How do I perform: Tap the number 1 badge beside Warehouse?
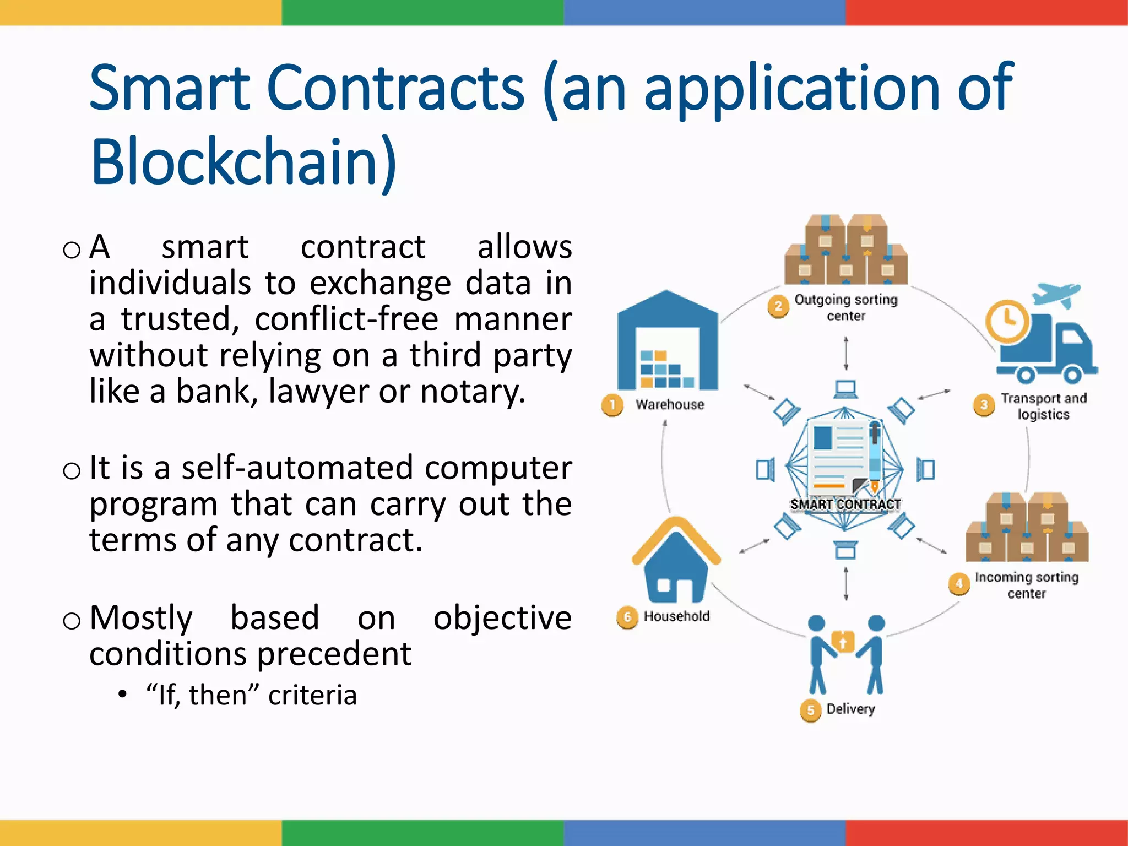[612, 405]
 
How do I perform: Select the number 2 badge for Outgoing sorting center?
[778, 306]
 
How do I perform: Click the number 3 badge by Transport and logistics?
[984, 405]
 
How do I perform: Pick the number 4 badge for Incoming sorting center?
[959, 584]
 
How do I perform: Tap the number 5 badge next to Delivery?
[810, 710]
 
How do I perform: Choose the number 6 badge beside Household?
[627, 617]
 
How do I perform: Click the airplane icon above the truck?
[1056, 295]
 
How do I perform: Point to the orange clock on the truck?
[1007, 321]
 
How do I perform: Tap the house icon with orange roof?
[676, 562]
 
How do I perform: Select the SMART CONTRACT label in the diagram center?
[845, 505]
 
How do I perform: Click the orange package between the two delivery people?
[843, 642]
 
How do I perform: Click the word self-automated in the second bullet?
[297, 468]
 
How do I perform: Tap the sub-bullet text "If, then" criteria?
[251, 695]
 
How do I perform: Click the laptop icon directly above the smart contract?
[845, 389]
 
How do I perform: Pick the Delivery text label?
[850, 709]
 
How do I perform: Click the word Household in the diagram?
[676, 616]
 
